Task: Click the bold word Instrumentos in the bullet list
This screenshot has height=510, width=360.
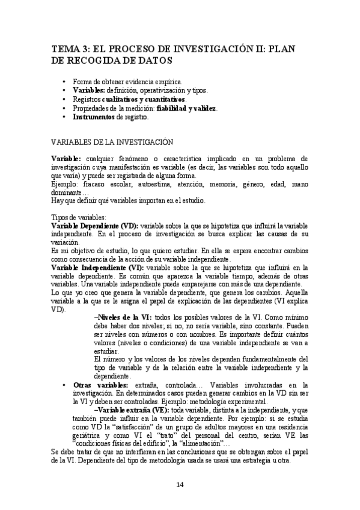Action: (x=94, y=117)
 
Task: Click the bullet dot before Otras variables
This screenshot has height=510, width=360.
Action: (x=64, y=384)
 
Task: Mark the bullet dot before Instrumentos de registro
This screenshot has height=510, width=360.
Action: (x=64, y=117)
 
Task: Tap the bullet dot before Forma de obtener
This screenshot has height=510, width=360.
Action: (x=64, y=81)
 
